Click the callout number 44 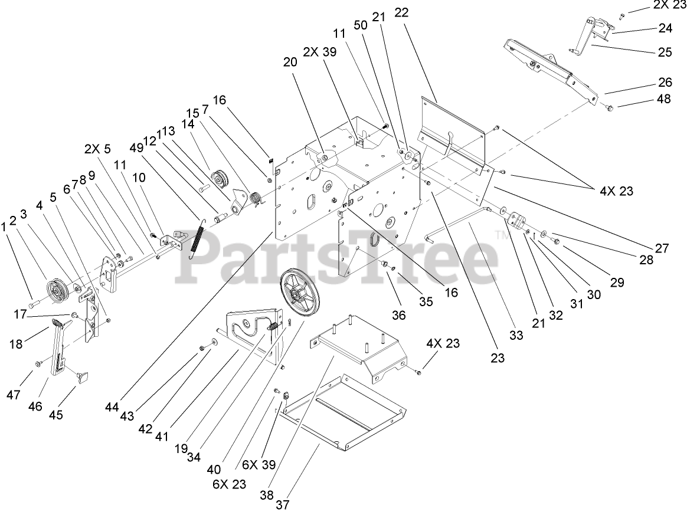pos(113,406)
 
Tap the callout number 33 pos(516,335)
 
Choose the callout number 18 pos(16,343)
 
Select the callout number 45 pos(55,414)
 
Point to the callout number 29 pos(617,283)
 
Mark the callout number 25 pos(665,52)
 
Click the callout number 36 pos(399,315)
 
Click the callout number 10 pos(139,178)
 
